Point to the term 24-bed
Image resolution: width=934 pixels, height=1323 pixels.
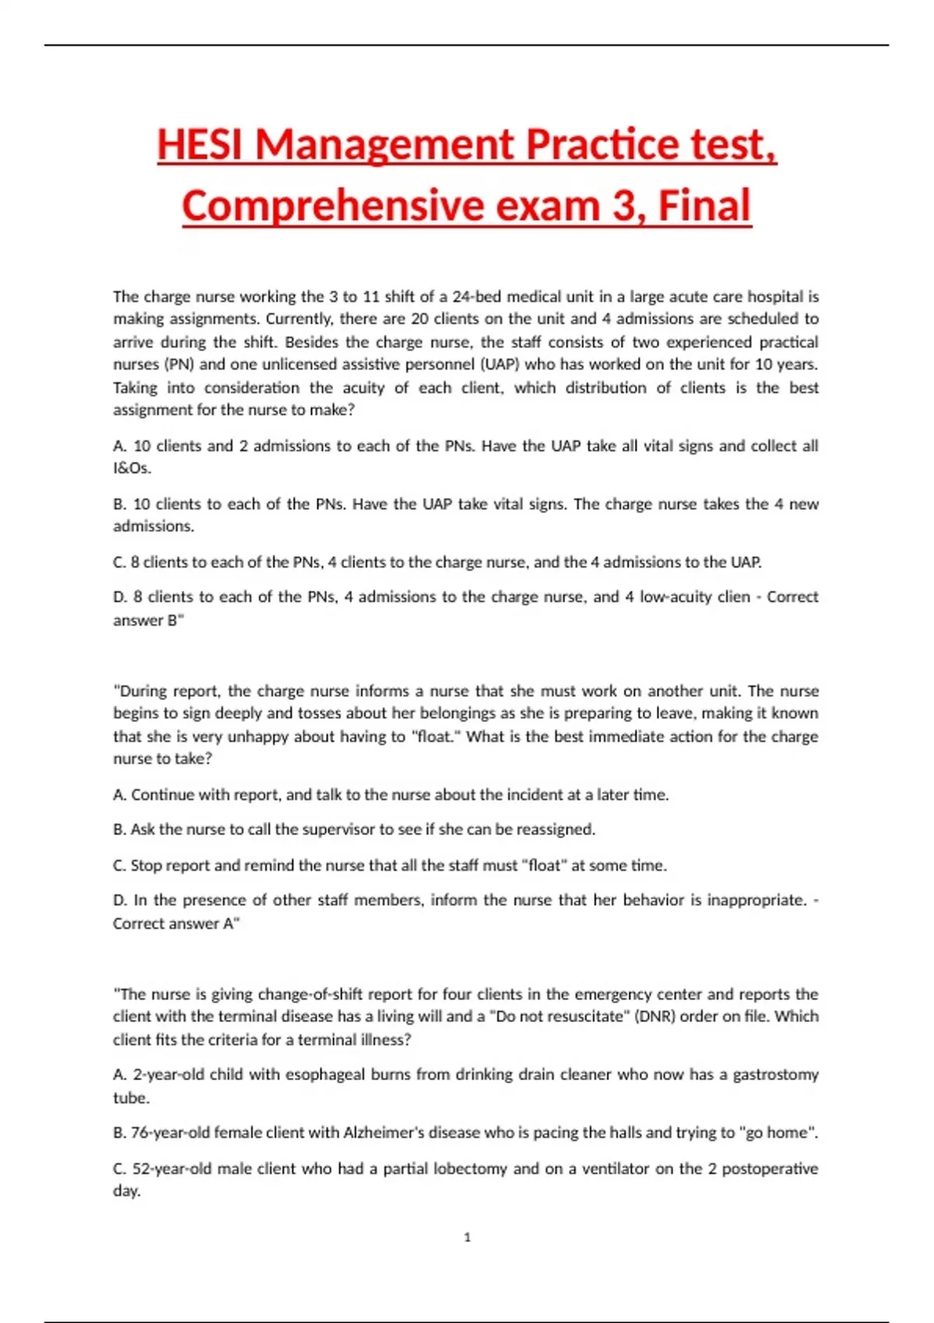click(476, 297)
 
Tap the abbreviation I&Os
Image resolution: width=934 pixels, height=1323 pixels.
click(132, 468)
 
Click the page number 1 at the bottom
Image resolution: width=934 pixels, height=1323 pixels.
click(467, 1237)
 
